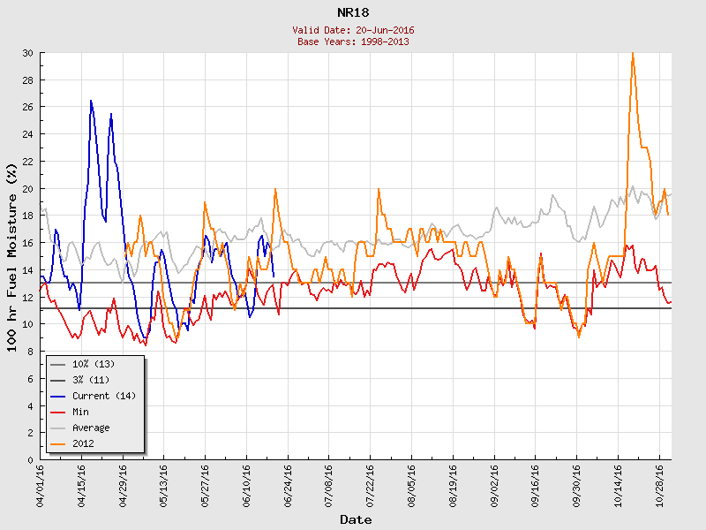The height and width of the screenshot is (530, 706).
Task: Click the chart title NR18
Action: tap(353, 13)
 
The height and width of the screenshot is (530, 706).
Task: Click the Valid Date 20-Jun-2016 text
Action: tap(353, 30)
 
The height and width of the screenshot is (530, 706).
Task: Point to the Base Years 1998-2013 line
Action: tap(353, 42)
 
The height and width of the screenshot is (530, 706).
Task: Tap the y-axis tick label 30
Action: tap(27, 53)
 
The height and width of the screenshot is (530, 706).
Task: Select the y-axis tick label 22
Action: tap(27, 162)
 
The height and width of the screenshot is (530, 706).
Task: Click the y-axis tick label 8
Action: tap(30, 352)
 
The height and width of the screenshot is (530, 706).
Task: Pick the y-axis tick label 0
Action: tap(30, 460)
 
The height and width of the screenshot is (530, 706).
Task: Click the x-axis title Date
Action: tap(356, 520)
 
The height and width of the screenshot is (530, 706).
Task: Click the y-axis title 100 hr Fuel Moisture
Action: tap(12, 256)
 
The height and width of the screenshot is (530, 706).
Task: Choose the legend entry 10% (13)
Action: tap(93, 364)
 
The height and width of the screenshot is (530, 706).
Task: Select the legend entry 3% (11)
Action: tap(90, 380)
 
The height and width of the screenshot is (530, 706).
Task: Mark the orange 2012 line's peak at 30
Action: tap(632, 54)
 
